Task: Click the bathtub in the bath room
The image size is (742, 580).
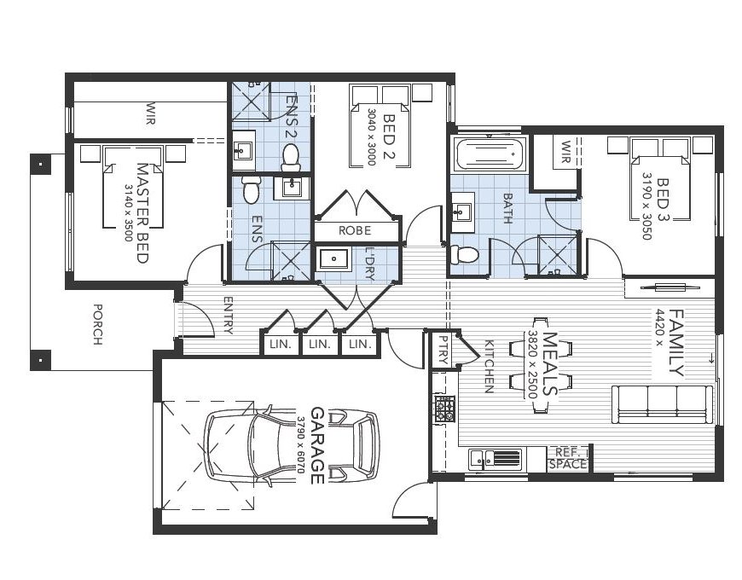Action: tap(487, 155)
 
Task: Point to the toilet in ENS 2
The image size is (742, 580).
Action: tap(290, 156)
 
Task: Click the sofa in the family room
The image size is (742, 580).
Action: tap(662, 402)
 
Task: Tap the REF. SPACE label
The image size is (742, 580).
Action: tap(568, 459)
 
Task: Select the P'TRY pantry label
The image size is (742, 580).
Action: tap(442, 351)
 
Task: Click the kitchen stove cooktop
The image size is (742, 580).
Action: tap(444, 409)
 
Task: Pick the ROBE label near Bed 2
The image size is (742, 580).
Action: tap(355, 230)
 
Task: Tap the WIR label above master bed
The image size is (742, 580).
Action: tap(151, 111)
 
